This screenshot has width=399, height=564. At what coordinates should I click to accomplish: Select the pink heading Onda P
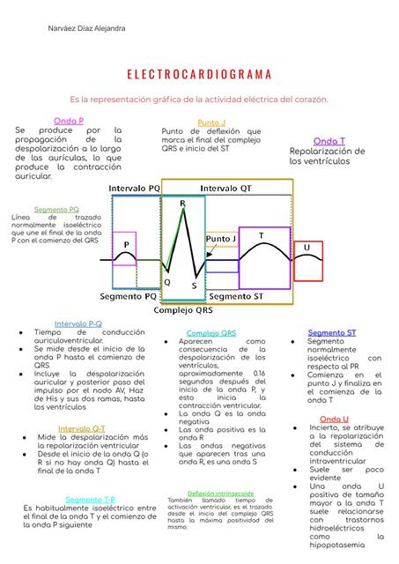tap(69, 120)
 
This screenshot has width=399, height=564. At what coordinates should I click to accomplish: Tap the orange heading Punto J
tap(211, 122)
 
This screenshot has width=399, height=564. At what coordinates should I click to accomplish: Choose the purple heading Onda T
tap(329, 141)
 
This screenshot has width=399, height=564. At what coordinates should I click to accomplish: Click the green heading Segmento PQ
tap(56, 210)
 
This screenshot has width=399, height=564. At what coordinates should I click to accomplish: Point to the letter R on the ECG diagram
tap(182, 204)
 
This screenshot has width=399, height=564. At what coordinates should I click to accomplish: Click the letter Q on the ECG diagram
tap(167, 282)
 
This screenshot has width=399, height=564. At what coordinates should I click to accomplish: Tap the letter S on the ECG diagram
tap(194, 286)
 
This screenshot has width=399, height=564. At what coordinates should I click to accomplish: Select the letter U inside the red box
tap(307, 249)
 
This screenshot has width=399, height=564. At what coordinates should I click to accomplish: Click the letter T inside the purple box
tap(261, 235)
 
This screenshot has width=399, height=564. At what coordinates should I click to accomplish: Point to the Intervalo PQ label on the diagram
tap(134, 188)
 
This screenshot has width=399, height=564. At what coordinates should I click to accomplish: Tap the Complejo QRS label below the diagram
tap(183, 310)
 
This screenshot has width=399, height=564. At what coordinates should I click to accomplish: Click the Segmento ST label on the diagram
tap(242, 296)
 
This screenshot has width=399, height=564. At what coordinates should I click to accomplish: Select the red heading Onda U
tap(334, 419)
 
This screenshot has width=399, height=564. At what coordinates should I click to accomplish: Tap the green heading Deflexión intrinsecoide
tap(221, 493)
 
